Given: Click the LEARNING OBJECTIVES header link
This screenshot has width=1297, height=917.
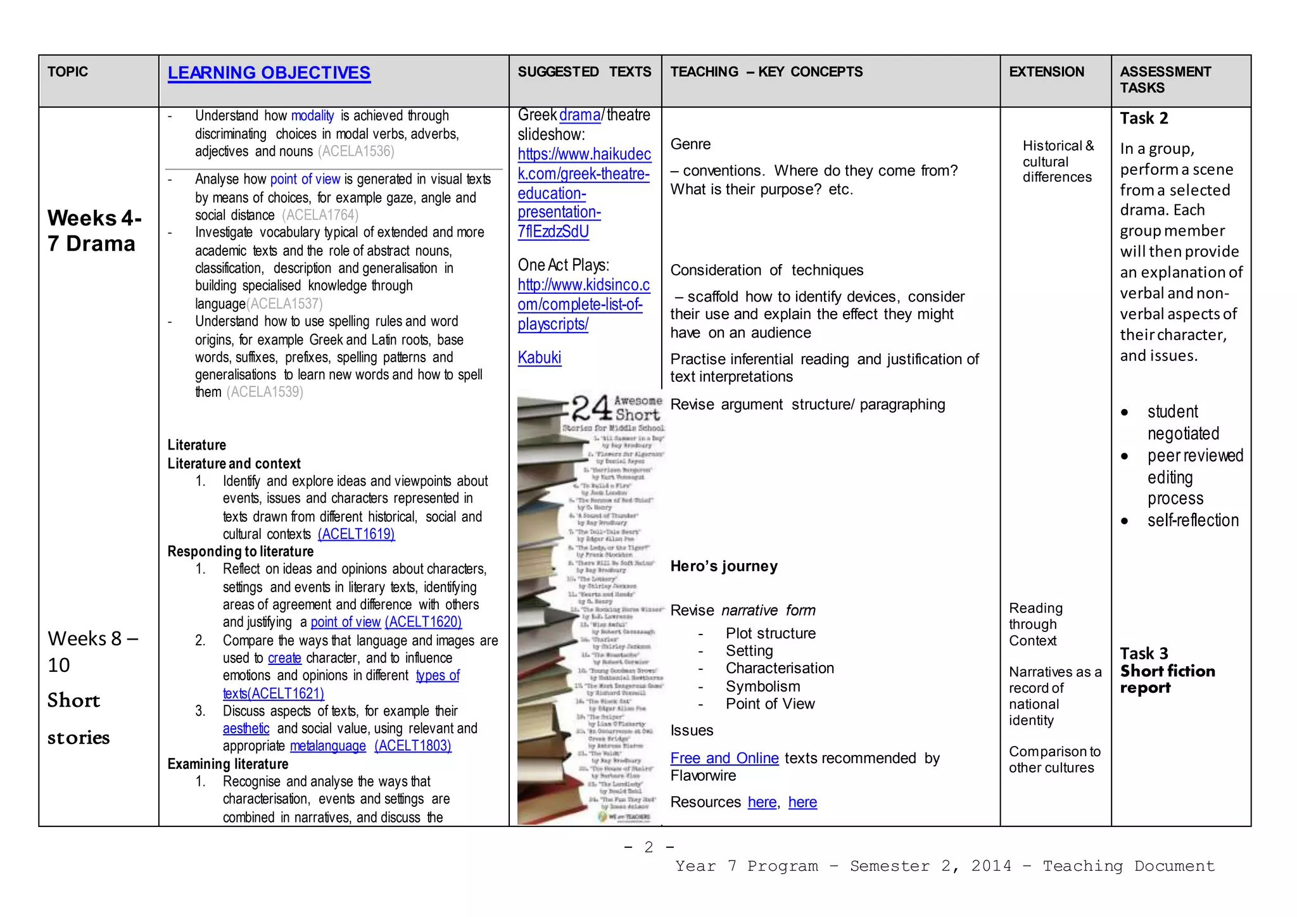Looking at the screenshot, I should pos(269,73).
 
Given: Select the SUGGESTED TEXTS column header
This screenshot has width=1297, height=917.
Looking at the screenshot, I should pos(584,72).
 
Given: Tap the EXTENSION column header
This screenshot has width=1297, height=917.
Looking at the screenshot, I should pos(1046,72).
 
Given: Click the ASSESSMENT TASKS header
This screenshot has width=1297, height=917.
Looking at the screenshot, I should pos(1165,80).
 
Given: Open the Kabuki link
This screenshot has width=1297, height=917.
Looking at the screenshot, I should pos(539,358).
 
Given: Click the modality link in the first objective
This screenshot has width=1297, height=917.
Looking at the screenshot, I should pos(312,116).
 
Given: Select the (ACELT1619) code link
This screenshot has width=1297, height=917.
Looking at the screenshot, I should pos(356,534).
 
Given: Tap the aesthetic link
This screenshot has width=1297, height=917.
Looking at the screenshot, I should pos(246,728).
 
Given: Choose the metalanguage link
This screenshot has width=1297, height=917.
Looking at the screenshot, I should pos(327,746).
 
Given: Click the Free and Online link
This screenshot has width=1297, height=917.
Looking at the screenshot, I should pos(724,758).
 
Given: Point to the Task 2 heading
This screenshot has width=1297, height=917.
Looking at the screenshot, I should pos(1144,118).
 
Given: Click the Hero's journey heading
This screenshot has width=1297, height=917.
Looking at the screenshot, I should pos(724,566).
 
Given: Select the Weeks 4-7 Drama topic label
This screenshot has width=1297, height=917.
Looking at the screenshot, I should pos(94,231).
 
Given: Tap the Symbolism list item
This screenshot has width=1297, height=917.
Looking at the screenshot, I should pos(762,686).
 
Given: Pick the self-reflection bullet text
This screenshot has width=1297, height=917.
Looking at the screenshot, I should pos(1193,521).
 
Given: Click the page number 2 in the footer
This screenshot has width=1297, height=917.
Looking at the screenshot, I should pos(648,847).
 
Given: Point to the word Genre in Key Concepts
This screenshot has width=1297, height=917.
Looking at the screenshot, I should pos(690,144).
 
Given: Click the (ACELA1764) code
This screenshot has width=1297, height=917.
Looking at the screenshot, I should pos(320,215).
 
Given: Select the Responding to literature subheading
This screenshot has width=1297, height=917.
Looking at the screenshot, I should pos(240,552).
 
